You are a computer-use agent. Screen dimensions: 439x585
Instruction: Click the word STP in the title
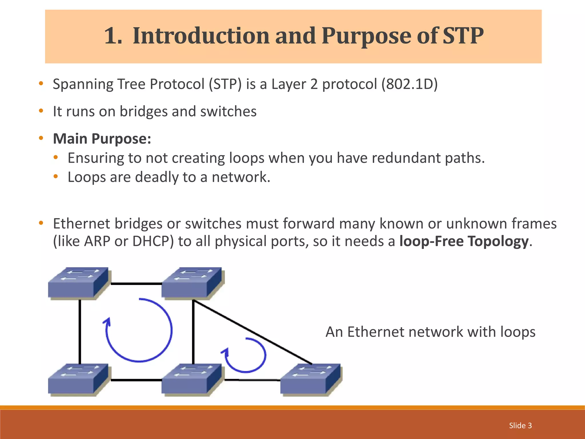(x=463, y=36)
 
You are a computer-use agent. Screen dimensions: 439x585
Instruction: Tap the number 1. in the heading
(x=113, y=36)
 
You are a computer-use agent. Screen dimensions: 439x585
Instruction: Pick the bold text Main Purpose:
(x=102, y=139)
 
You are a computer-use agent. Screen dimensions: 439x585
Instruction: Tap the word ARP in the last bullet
(x=97, y=241)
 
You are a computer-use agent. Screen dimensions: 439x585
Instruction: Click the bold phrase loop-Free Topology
(x=464, y=241)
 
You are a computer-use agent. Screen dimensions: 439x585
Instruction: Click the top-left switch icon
(x=78, y=283)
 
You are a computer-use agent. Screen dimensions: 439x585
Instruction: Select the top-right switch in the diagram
(x=191, y=283)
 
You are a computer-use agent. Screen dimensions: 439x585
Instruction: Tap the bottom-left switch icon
(x=78, y=379)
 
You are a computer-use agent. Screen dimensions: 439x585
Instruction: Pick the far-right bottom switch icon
(x=310, y=379)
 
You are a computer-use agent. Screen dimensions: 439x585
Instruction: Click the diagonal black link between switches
(x=253, y=332)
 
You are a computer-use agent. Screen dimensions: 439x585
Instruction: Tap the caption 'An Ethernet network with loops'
(x=430, y=332)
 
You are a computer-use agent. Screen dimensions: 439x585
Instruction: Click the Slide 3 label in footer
(x=520, y=426)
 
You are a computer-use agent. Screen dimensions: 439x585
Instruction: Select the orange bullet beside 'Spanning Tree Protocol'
(x=41, y=83)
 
